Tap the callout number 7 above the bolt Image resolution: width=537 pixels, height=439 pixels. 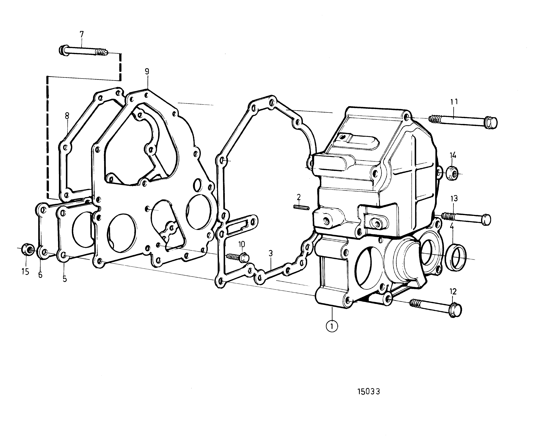coord(81,34)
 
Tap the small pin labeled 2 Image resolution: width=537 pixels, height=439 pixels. coord(302,207)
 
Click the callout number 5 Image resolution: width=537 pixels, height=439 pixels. coord(65,279)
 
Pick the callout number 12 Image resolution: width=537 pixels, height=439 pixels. coord(453,292)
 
